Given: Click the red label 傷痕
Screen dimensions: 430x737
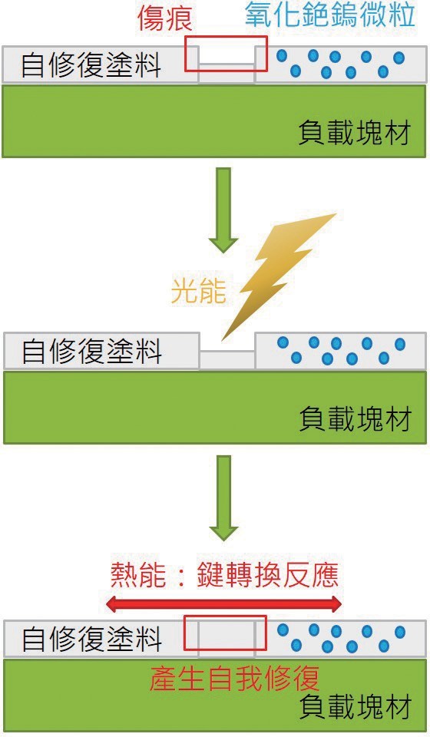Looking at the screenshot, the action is click(x=164, y=18).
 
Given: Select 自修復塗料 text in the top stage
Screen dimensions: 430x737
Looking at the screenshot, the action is click(x=91, y=64).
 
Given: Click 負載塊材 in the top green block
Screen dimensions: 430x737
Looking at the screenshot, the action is click(x=355, y=133).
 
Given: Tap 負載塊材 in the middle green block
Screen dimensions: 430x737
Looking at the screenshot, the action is click(x=356, y=419).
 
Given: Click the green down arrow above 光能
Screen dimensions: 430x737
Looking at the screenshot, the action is click(x=223, y=210).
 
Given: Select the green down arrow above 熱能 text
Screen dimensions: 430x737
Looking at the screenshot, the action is click(x=223, y=497).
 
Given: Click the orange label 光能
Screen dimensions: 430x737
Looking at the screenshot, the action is click(x=198, y=292).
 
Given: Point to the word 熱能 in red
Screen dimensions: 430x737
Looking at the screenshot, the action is click(x=138, y=574).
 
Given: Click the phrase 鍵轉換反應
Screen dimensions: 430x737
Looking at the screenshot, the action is click(x=268, y=574).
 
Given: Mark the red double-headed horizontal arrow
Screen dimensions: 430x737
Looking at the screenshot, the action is click(x=223, y=604).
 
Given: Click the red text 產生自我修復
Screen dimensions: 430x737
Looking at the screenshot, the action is click(x=234, y=678).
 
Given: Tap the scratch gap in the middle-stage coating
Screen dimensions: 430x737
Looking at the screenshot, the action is click(x=227, y=359).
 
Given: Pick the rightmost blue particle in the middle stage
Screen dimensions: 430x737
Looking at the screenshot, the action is click(x=400, y=345).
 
